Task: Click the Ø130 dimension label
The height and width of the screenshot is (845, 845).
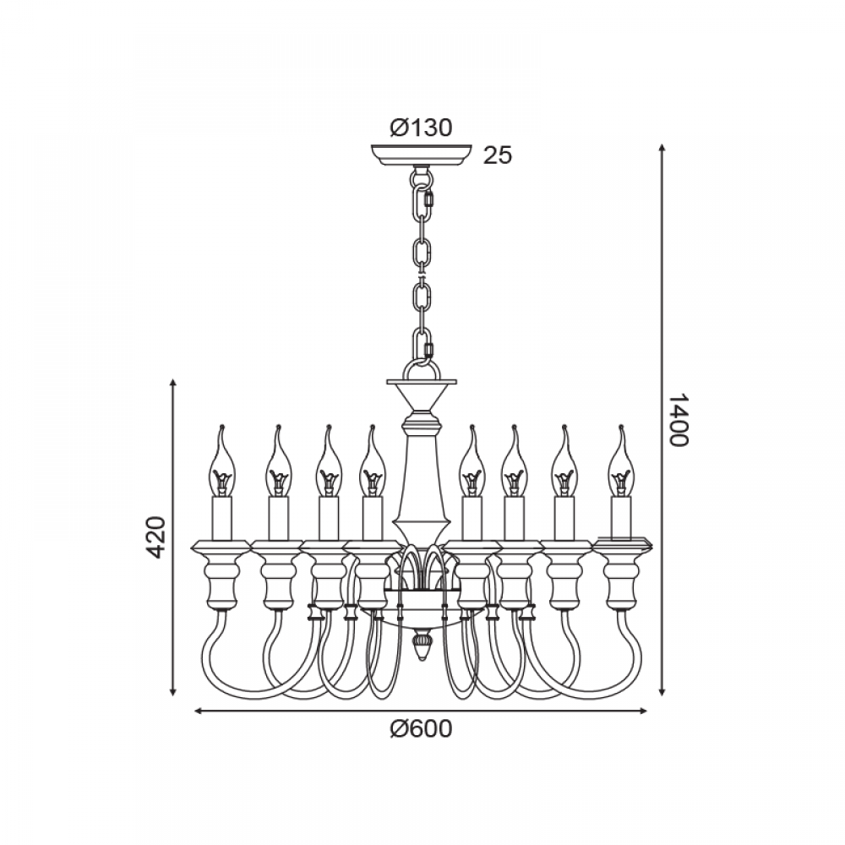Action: coord(422,128)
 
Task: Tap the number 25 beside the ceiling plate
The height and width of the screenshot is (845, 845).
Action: coord(498,155)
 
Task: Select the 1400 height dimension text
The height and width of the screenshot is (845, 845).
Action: coord(679,420)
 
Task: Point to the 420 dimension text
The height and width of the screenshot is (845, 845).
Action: coord(156,537)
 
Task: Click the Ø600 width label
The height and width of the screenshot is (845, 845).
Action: coord(422,729)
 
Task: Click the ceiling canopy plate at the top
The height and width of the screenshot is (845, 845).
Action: coord(422,155)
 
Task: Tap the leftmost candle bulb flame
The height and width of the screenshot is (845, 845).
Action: coord(221,460)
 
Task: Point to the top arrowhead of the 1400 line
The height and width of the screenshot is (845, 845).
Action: coord(662,149)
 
